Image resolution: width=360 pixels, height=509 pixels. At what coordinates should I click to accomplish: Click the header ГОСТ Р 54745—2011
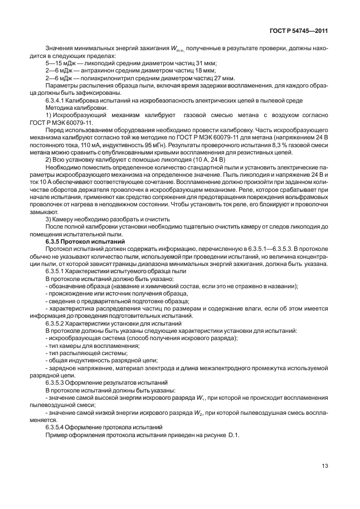[x=300, y=31]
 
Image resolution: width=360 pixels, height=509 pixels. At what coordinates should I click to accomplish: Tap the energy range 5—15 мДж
[x=58, y=64]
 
